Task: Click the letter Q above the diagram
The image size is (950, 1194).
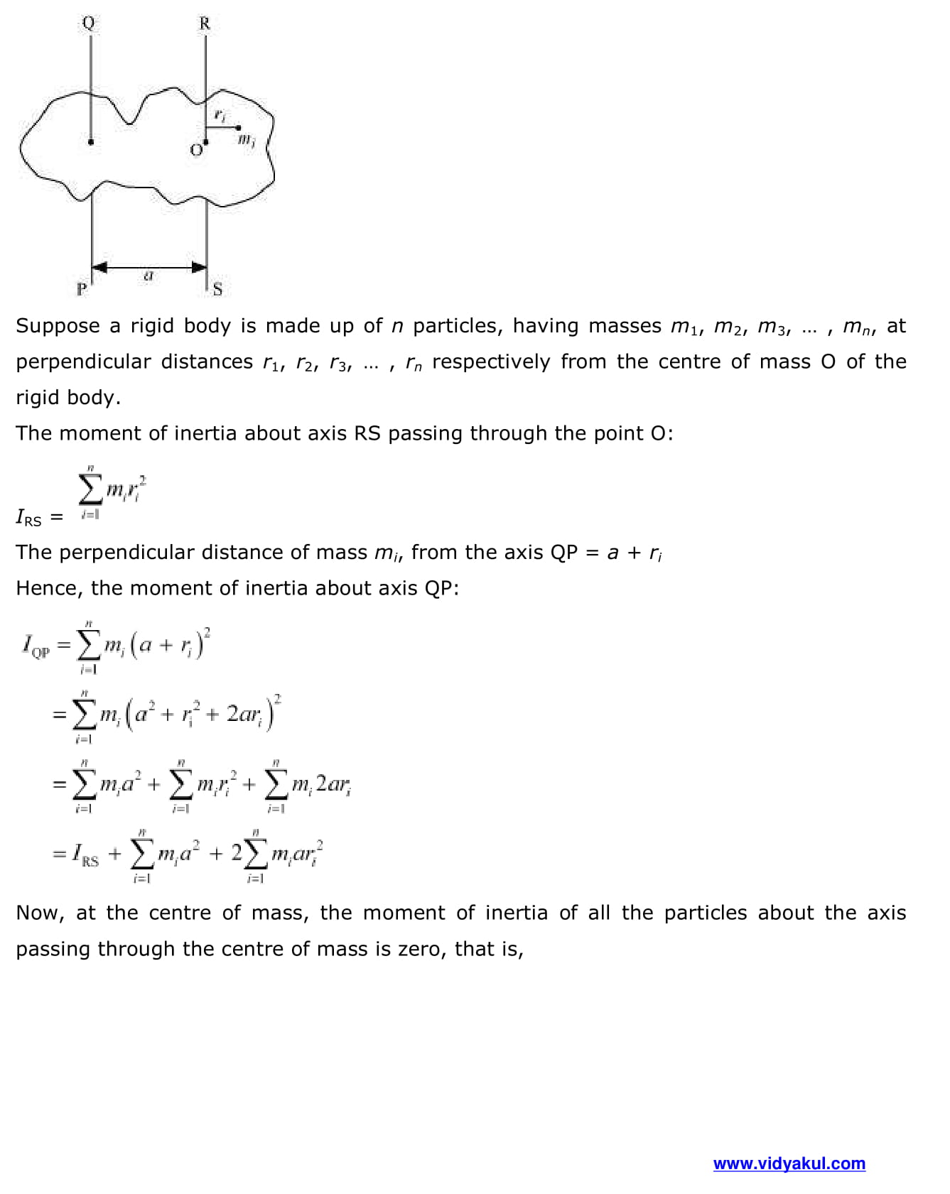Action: coord(88,23)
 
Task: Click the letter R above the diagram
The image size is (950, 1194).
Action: coord(205,23)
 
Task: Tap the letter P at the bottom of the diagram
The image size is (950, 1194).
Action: coord(82,289)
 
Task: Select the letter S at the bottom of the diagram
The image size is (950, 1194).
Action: coord(217,289)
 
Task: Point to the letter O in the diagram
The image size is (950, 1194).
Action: coord(196,151)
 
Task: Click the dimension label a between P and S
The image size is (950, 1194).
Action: coord(149,276)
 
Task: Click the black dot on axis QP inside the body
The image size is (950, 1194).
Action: coord(91,142)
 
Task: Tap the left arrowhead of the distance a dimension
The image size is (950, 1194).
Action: coord(100,267)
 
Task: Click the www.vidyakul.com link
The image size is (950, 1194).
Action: coord(789,1163)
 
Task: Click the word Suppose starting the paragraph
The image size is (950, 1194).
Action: coord(58,326)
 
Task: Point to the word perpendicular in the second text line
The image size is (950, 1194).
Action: coord(82,362)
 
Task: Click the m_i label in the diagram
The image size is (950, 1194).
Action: coord(246,139)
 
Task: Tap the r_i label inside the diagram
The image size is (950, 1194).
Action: coord(220,114)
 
